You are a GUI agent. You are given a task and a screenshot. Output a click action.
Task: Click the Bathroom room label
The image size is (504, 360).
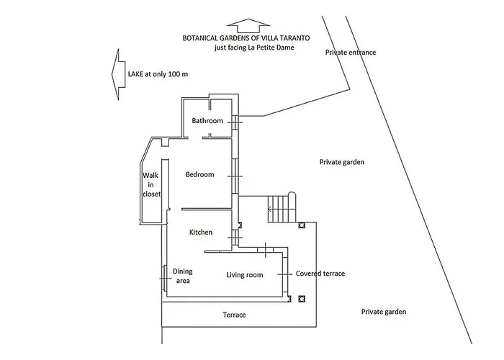[207, 121]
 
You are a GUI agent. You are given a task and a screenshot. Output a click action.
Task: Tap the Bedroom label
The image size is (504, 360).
[200, 174]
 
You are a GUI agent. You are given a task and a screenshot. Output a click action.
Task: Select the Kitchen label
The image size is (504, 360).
[201, 233]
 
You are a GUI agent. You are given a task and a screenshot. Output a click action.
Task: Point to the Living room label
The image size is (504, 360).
[245, 275]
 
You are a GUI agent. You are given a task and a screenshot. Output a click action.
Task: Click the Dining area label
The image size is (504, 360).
[182, 276]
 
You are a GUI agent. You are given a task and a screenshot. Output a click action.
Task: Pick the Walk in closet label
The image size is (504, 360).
[150, 184]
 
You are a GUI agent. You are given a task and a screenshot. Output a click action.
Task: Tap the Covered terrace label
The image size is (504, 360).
[320, 274]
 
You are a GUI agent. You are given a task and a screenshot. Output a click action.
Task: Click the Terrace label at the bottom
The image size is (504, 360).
[234, 315]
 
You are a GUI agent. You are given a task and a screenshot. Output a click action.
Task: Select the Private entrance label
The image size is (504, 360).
[351, 53]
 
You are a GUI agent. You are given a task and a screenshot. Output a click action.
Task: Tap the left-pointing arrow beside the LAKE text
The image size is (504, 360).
[114, 73]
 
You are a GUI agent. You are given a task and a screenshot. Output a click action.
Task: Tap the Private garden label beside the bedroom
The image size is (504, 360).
[342, 163]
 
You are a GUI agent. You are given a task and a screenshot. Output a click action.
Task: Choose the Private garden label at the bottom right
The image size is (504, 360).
[384, 312]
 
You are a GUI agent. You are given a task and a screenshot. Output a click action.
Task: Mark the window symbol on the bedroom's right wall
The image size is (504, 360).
[235, 175]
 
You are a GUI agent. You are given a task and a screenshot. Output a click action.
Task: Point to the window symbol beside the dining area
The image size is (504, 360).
[163, 276]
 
